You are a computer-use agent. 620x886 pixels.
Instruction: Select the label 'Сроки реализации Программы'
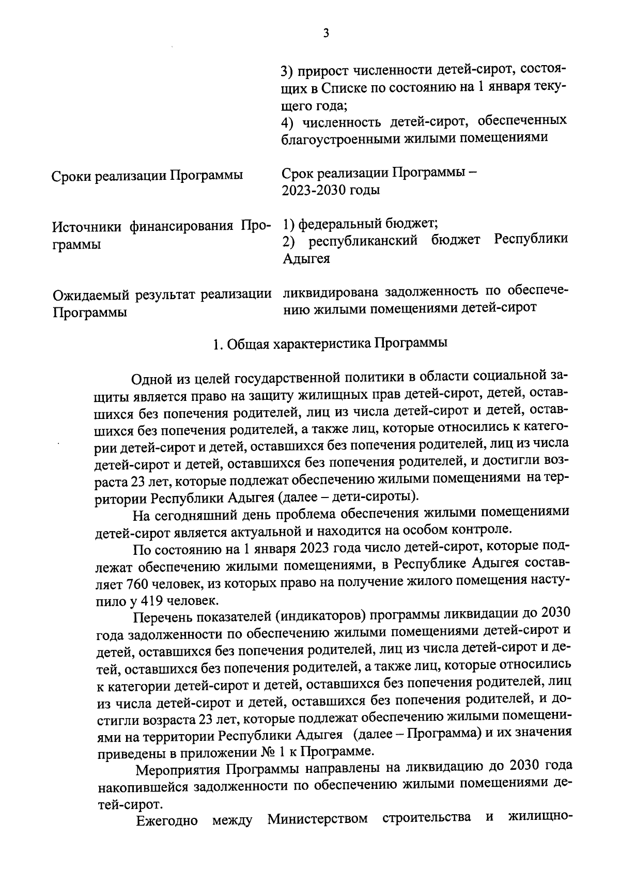(x=147, y=176)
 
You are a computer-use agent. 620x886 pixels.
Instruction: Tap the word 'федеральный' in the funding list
(x=341, y=224)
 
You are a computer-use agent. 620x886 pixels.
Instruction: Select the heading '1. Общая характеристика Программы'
(x=331, y=344)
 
